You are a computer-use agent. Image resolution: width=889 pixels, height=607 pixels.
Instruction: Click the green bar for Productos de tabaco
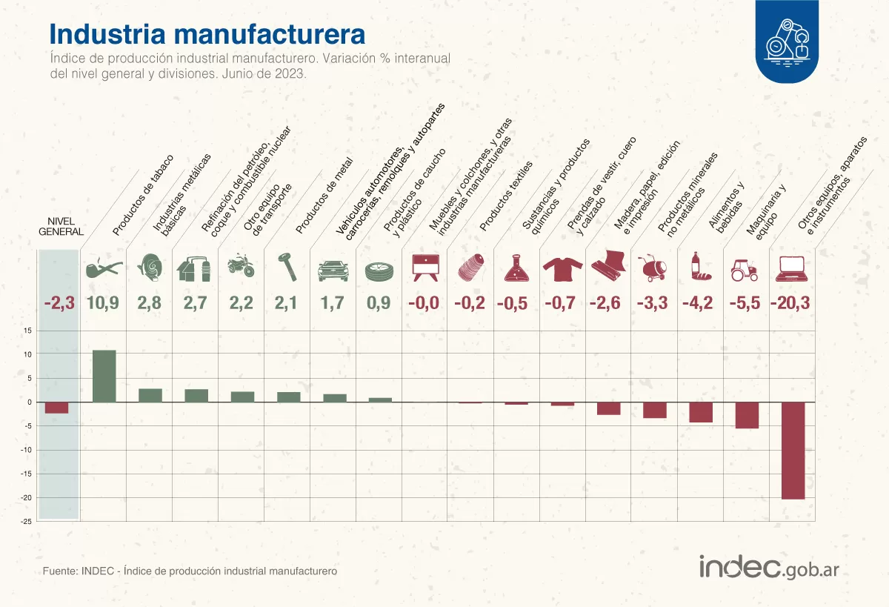(x=104, y=376)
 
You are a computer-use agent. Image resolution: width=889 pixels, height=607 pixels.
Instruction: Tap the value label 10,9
(x=103, y=302)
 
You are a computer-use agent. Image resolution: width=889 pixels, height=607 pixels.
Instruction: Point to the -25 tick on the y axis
(x=26, y=522)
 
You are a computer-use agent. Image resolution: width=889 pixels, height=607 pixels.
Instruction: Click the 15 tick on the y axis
(x=27, y=331)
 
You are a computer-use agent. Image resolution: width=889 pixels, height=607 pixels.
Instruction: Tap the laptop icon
(x=791, y=268)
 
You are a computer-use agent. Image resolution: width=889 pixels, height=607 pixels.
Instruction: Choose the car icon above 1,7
(x=333, y=271)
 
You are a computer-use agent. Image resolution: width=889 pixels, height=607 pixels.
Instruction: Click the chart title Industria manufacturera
(x=207, y=34)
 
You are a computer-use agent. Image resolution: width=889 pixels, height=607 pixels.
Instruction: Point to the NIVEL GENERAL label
(x=61, y=226)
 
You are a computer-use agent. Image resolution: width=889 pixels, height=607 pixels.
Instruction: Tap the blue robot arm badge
(x=787, y=42)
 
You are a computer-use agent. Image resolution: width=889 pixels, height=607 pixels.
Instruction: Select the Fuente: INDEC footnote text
(x=190, y=571)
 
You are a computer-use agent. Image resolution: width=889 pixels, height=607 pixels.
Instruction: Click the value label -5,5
(x=743, y=302)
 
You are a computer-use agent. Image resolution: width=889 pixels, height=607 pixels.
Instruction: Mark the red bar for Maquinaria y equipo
(x=747, y=415)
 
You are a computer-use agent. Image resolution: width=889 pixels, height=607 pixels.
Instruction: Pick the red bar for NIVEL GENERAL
(x=56, y=408)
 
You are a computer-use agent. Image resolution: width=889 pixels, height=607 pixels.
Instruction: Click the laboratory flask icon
(x=516, y=268)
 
